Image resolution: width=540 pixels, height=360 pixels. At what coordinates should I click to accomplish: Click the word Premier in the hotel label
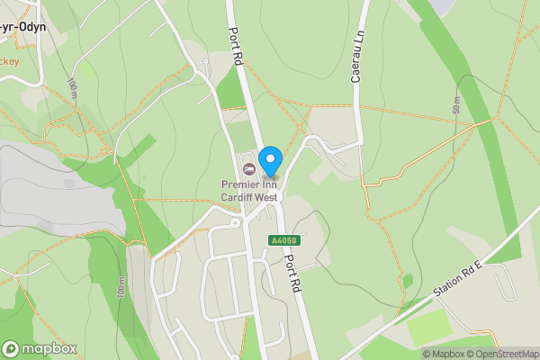coord(240,185)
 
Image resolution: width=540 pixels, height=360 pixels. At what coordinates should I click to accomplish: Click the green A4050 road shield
coord(283,240)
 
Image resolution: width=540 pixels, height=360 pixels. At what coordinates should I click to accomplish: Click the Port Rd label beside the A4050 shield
coord(292,271)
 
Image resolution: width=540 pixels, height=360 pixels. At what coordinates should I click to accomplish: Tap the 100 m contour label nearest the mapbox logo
coord(120,289)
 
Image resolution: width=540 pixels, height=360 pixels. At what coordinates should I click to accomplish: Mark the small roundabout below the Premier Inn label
coord(236,222)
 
